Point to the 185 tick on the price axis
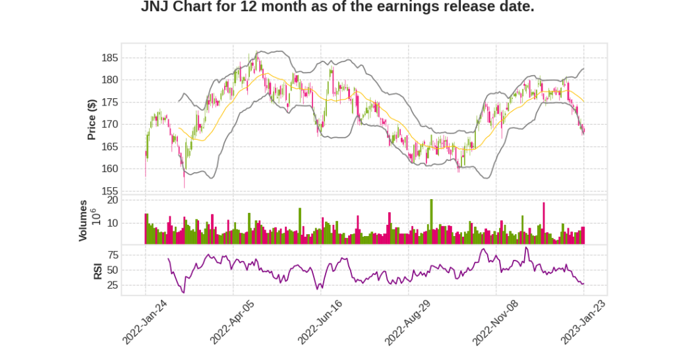coord(109,58)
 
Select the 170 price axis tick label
coord(109,125)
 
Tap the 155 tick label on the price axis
coord(109,191)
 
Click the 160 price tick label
coord(109,169)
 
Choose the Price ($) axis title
coord(92,119)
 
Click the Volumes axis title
coord(83,220)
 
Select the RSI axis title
coord(98,271)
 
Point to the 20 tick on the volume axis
coord(112,200)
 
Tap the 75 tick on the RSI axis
coord(112,255)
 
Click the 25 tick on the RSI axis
coord(112,285)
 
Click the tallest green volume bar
coord(431,222)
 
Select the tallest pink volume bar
coord(544,223)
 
